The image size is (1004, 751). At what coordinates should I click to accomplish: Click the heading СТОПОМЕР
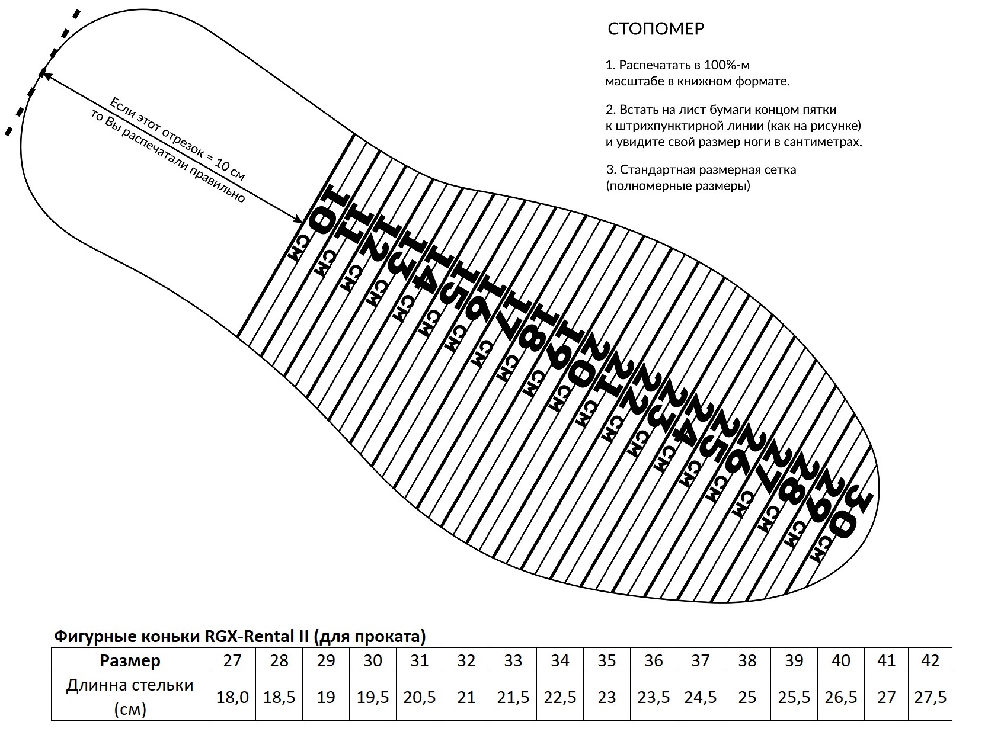[x=656, y=29]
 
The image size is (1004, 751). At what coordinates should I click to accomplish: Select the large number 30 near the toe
[x=852, y=513]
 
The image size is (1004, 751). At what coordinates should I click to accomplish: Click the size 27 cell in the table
[x=232, y=660]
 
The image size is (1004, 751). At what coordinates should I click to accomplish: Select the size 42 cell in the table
[x=930, y=660]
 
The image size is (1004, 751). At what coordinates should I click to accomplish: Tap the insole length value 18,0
[x=232, y=697]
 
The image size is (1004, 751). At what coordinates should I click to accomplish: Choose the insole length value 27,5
[x=930, y=697]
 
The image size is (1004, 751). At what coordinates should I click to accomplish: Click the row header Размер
[x=130, y=660]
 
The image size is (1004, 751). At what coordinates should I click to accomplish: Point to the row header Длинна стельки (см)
[x=130, y=697]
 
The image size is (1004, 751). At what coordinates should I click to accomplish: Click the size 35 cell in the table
[x=606, y=660]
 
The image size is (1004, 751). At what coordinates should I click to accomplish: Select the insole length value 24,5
[x=700, y=697]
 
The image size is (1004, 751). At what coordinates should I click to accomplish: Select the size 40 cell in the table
[x=840, y=660]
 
